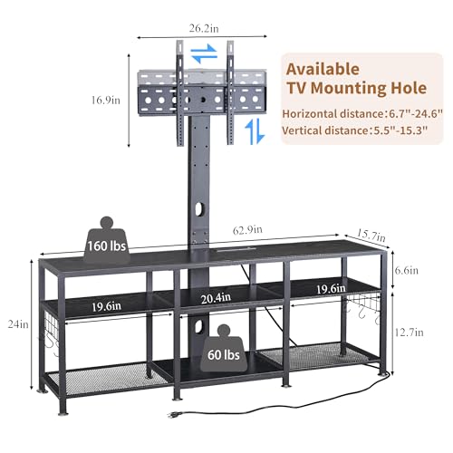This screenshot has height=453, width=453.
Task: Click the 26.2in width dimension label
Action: [x=204, y=28]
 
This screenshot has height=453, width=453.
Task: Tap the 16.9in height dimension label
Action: [x=105, y=100]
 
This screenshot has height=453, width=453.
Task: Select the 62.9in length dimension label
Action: [x=247, y=230]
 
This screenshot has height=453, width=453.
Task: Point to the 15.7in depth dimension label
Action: [x=371, y=236]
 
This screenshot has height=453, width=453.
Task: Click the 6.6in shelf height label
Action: [x=407, y=270]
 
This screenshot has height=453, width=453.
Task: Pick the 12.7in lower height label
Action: [x=410, y=333]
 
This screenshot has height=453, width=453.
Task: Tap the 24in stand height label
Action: [x=18, y=324]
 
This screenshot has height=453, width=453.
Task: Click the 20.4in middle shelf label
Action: [x=216, y=298]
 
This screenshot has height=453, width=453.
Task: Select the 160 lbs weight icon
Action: [x=107, y=240]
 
